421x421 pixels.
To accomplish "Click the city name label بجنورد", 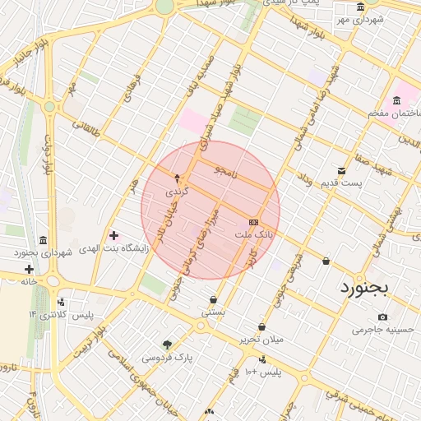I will (x=367, y=289).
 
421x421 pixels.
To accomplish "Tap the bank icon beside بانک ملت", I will (x=253, y=223).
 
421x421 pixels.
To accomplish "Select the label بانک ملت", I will (x=253, y=235).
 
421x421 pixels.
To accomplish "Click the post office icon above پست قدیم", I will (x=341, y=170).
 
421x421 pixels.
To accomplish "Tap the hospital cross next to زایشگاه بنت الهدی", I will (x=113, y=236).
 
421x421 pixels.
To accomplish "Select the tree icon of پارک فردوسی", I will (x=168, y=345).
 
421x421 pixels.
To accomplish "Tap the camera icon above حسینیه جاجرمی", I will (x=382, y=317).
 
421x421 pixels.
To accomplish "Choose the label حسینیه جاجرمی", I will (x=379, y=330).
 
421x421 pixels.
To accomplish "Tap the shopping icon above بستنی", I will (x=214, y=300).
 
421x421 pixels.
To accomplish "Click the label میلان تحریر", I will (x=261, y=340).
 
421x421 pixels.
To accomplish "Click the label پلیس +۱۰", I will (x=261, y=372).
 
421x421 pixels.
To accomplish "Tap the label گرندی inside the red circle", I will (x=178, y=190).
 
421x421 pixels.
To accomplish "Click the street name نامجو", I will (x=223, y=171).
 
